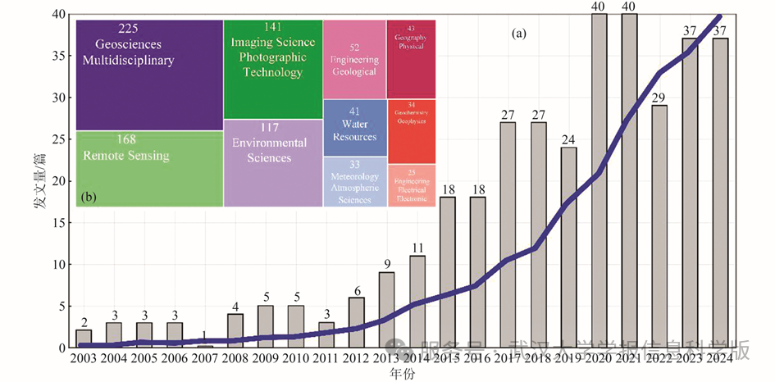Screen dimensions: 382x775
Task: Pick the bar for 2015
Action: (x=447, y=271)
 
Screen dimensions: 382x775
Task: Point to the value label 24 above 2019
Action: (x=568, y=140)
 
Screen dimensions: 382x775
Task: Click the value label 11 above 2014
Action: (x=417, y=248)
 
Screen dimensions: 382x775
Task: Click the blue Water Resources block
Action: (x=354, y=127)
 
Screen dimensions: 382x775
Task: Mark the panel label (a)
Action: (x=518, y=34)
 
